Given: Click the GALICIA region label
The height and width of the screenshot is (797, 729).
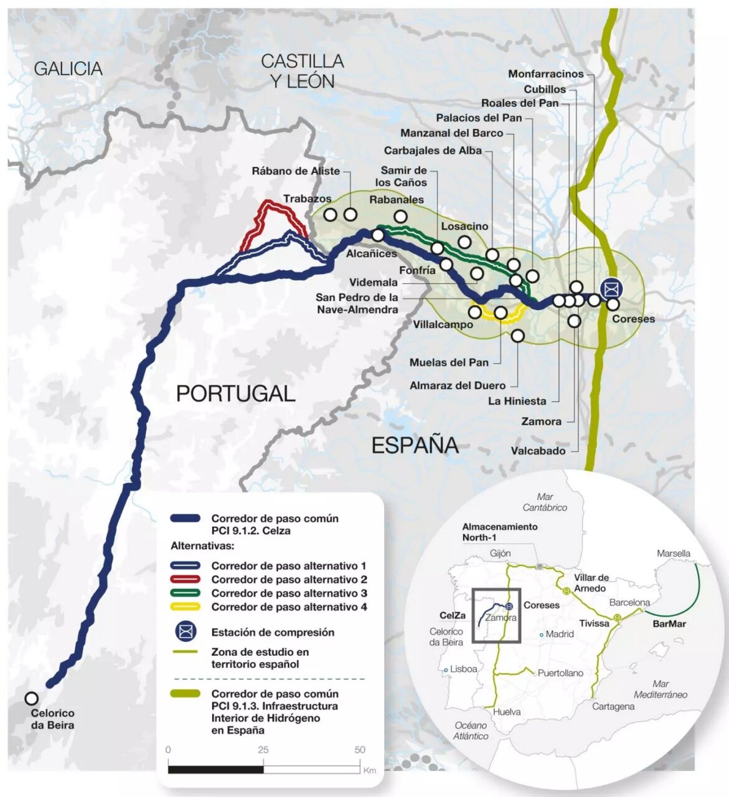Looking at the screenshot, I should pos(68,68).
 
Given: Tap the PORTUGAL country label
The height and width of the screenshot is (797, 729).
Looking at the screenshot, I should pos(235,394).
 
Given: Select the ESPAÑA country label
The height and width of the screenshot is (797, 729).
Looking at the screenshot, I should pos(415,445).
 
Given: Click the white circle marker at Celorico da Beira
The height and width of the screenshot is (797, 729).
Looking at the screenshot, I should pos(31,699).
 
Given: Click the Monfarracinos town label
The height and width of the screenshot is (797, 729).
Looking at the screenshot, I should pos(545,74).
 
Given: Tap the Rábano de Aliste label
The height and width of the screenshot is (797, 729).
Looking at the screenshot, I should pos(296,171).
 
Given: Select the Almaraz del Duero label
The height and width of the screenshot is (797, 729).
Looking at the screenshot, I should pos(457,386).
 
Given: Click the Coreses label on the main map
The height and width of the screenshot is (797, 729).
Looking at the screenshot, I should pos(633,319).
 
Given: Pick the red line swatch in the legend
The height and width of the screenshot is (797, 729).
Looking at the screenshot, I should pos(185,580).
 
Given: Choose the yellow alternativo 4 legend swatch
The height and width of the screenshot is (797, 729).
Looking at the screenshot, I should pos(185,607).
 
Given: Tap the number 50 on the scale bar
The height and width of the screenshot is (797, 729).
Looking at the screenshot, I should pos(360,750).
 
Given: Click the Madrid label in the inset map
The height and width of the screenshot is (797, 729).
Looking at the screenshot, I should pos(559,634).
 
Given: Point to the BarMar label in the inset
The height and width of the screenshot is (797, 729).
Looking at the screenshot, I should pos(669,623).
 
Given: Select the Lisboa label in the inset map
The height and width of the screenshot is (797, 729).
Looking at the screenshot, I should pos(463,669).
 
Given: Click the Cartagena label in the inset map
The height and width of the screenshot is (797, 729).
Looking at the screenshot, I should pos(613,706).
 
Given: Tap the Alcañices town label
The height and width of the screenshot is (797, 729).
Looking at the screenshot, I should pos(371,254).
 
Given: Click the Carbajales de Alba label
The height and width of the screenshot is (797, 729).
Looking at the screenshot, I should pos(433,151).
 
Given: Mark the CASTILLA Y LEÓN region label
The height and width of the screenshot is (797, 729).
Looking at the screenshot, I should pos(302,71).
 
